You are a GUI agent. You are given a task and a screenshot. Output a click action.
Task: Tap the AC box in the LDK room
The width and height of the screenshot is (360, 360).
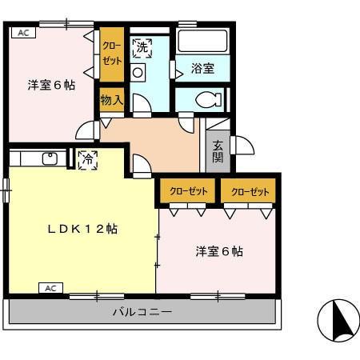click(x=50, y=287)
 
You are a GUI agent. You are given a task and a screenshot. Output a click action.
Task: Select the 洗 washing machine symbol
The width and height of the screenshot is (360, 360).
click(x=142, y=47)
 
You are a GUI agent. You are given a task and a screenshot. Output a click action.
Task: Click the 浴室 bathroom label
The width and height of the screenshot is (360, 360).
click(x=203, y=69)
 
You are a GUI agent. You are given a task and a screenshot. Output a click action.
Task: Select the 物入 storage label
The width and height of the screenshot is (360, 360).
click(x=111, y=100)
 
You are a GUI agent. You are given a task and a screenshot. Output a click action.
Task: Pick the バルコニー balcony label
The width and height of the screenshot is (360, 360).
click(x=142, y=311)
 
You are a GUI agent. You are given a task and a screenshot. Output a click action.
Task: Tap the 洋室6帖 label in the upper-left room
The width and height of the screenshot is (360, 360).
click(x=51, y=84)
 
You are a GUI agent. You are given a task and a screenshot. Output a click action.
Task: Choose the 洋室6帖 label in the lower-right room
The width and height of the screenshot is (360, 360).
click(x=219, y=251)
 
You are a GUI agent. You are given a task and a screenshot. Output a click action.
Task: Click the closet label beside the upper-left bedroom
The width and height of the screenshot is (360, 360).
click(x=111, y=55)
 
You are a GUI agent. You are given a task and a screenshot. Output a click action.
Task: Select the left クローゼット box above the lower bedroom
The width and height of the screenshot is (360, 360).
click(x=188, y=192)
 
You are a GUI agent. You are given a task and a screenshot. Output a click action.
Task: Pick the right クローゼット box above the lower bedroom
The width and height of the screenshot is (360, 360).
click(x=249, y=192)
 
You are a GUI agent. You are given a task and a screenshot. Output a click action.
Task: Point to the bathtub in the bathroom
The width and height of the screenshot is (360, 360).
click(x=202, y=42)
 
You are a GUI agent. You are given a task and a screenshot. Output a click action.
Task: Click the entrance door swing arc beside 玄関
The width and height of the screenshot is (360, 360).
click(x=242, y=145)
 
